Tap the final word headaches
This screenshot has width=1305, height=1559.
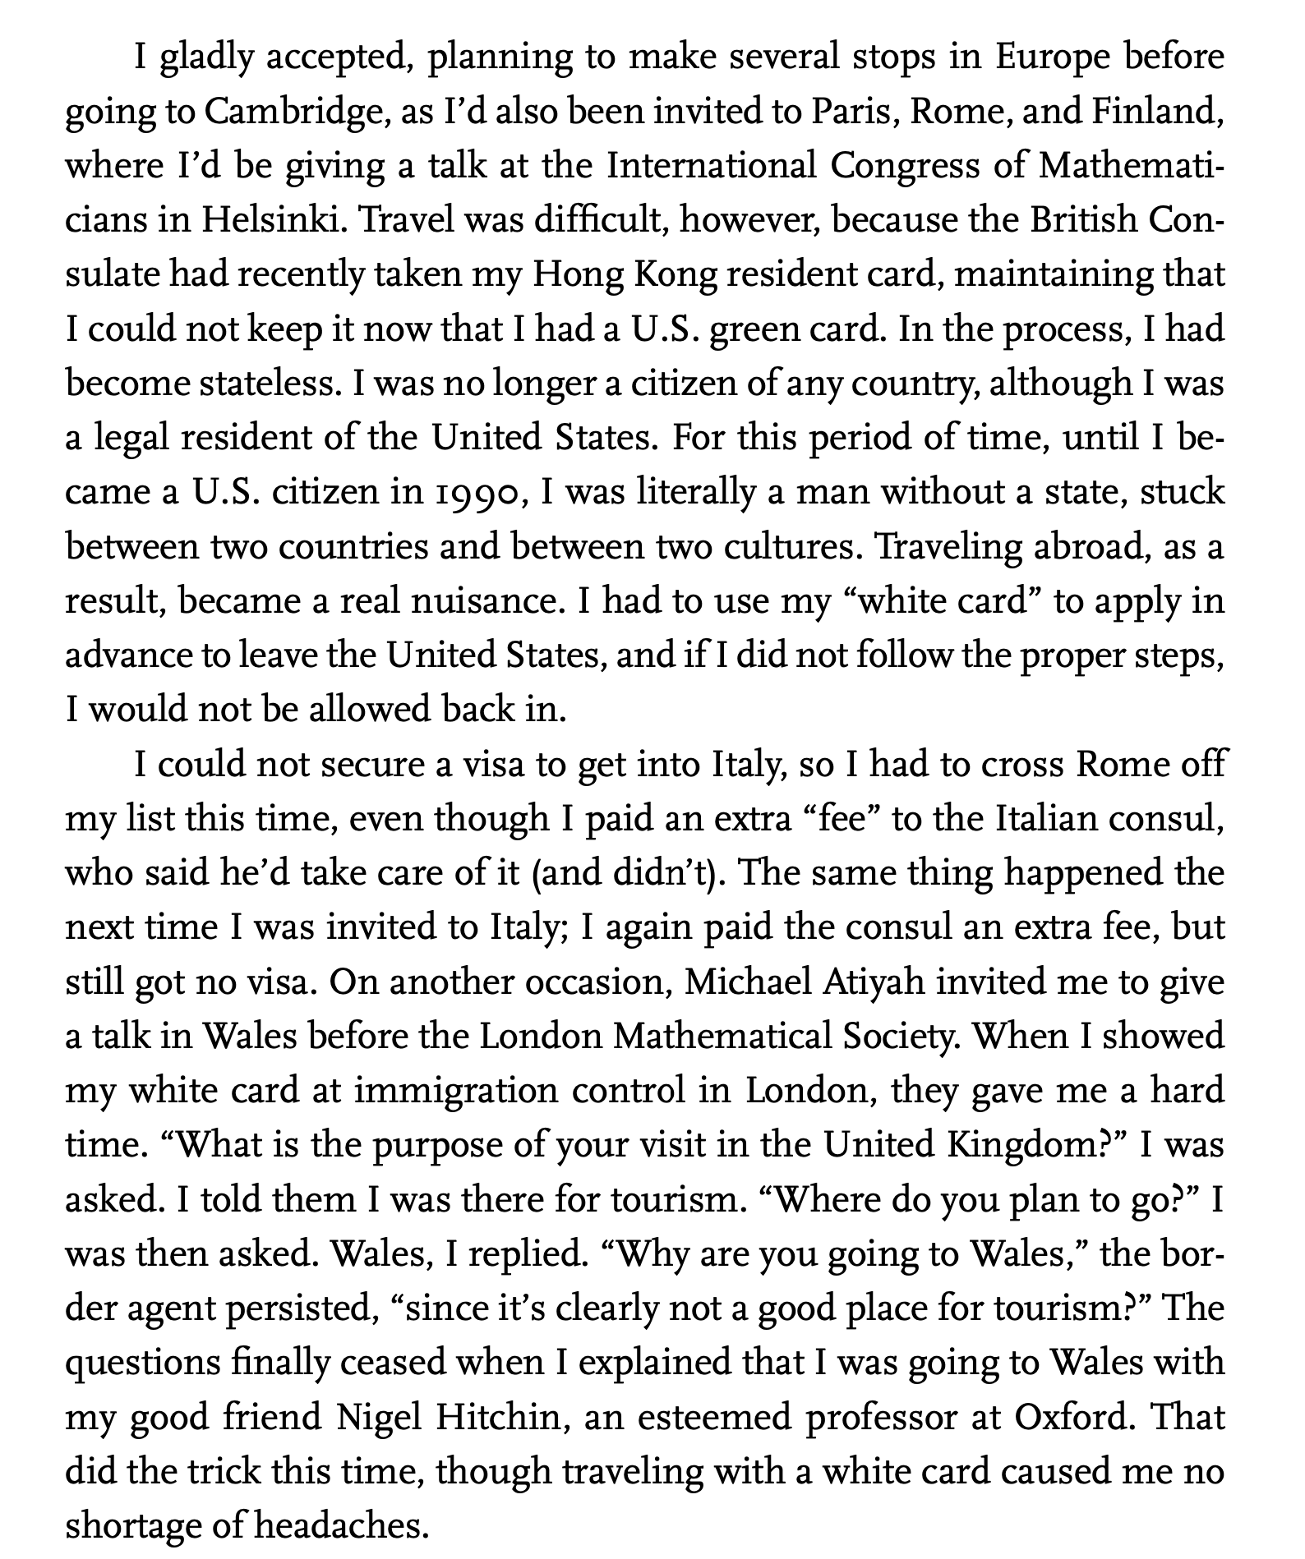pos(340,1525)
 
